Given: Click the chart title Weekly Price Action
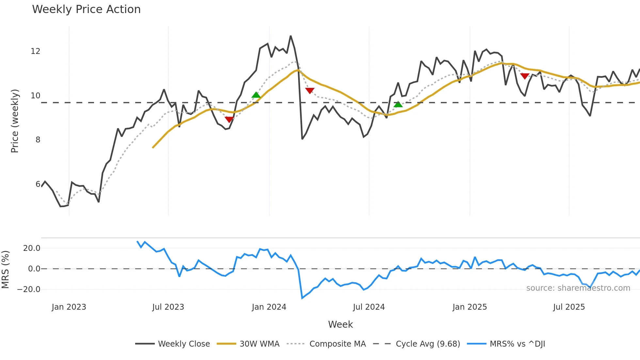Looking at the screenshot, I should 86,9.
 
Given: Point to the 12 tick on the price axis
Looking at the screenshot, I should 36,51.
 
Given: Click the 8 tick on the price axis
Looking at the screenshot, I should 38,140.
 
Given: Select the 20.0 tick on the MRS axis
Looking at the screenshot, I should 32,248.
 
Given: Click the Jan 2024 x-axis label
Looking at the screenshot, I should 269,307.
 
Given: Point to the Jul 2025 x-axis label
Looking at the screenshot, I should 569,307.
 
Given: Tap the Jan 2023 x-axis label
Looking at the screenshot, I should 69,307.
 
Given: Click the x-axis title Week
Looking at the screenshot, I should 340,324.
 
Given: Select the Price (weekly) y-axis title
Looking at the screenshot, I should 15,121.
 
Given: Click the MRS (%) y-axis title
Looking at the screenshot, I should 5,270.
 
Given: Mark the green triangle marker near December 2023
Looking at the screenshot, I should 256,95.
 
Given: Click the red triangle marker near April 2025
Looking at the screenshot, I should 525,76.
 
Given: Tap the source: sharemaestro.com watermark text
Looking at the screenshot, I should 578,288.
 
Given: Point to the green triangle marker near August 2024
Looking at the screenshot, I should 398,104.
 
